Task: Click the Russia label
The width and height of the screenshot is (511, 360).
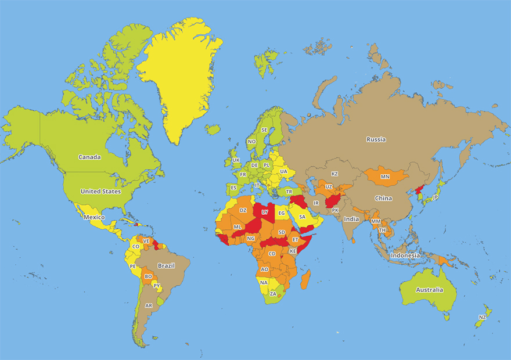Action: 376,139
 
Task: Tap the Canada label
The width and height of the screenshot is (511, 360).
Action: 90,157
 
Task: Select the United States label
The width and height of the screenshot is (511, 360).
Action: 100,191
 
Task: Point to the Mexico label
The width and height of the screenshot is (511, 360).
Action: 94,217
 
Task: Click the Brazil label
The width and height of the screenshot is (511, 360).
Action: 166,266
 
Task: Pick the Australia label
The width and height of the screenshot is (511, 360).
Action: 429,290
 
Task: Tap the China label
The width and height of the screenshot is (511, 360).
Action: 383,198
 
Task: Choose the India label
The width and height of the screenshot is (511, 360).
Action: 351,219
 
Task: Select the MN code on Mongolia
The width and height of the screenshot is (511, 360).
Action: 385,177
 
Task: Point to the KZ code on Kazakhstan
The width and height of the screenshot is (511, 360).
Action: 334,174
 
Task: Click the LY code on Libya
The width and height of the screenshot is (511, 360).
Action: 265,213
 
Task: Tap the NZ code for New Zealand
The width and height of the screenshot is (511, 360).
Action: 483,317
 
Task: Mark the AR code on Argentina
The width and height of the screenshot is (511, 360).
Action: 149,305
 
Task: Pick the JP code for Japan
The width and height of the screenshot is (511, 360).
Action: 436,197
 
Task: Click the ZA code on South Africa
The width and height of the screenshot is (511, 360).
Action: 273,294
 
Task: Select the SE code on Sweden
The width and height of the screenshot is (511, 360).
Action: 265,129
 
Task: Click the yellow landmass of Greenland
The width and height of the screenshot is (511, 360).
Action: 180,75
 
